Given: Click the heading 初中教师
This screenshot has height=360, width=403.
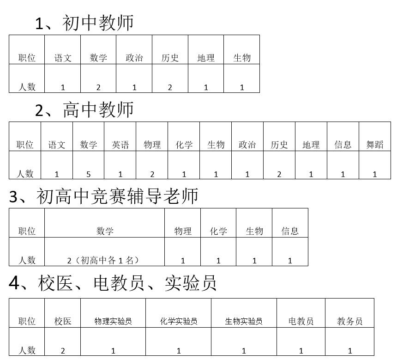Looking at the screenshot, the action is (x=84, y=23).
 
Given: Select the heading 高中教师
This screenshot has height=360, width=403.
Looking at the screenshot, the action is (x=84, y=110).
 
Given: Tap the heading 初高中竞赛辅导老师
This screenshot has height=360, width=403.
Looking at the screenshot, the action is (x=103, y=196).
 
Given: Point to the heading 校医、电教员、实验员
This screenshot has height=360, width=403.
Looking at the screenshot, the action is (x=113, y=283).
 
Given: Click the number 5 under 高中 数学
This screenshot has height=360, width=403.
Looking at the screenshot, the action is (x=89, y=175).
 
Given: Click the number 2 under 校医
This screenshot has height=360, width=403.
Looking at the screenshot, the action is (x=63, y=351).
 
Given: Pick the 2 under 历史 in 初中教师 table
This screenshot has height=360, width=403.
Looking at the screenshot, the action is (x=170, y=87).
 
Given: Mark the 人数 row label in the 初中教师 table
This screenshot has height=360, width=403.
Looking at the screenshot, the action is (x=27, y=87).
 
